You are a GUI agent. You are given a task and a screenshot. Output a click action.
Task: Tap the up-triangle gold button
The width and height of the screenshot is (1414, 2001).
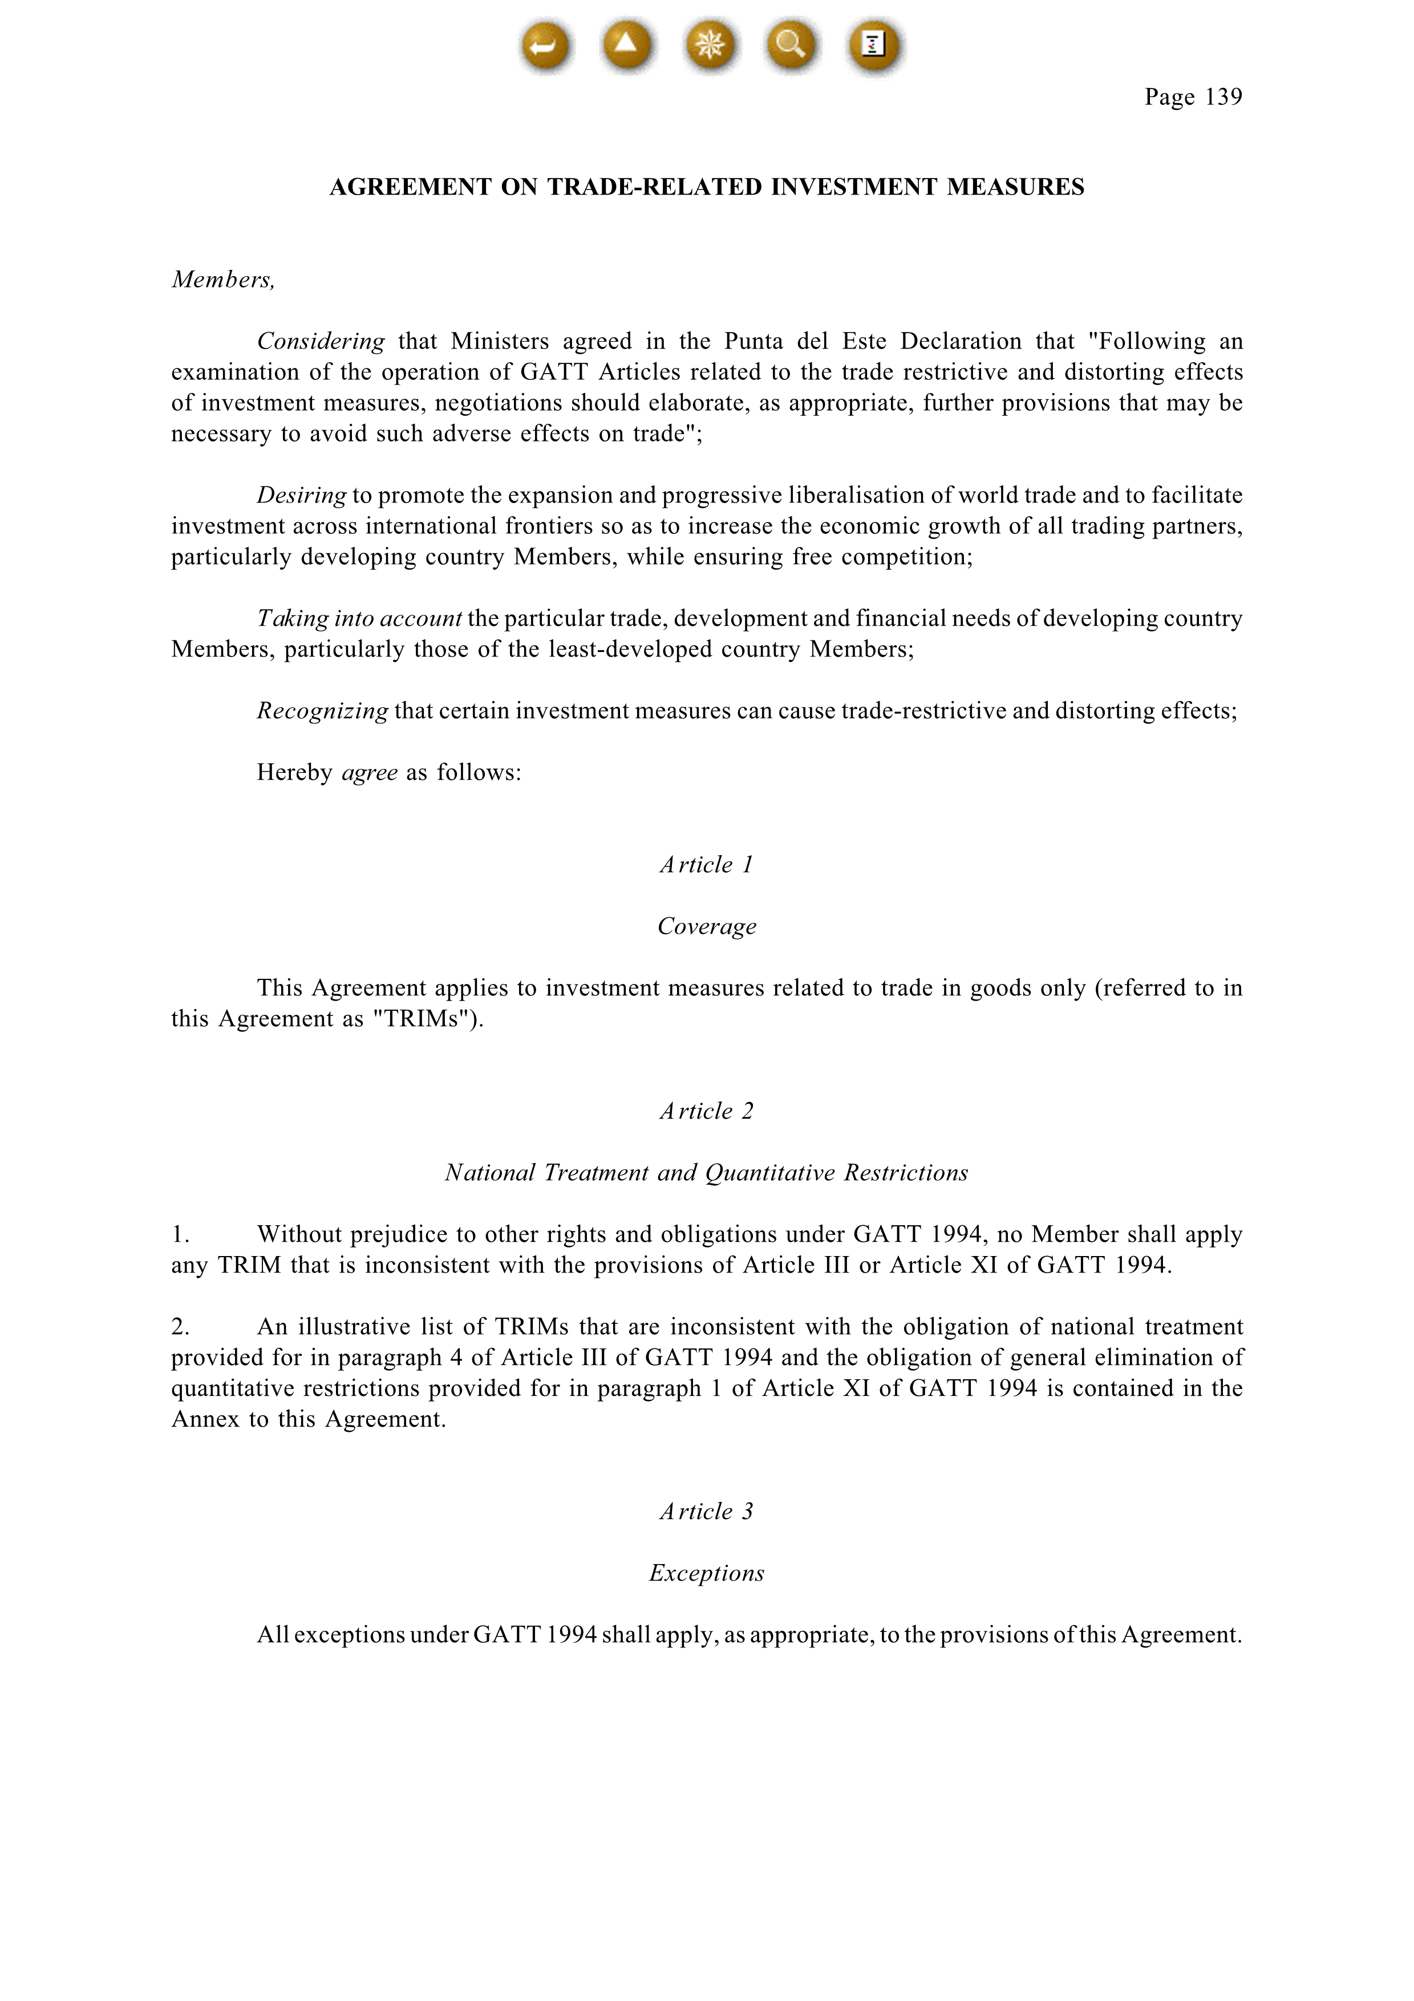tap(626, 44)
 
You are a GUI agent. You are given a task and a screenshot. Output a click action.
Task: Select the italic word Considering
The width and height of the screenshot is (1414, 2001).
tap(321, 342)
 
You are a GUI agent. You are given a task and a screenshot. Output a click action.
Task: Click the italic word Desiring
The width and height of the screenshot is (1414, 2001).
tap(301, 496)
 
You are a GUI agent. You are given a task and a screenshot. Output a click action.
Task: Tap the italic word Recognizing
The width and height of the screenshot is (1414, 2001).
tap(322, 711)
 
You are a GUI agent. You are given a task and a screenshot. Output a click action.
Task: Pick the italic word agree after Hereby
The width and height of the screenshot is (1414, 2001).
tap(370, 773)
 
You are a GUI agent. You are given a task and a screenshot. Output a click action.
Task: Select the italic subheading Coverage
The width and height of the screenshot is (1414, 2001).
tap(707, 926)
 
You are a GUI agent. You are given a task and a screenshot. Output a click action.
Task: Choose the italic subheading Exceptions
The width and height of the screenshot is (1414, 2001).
tap(707, 1573)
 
